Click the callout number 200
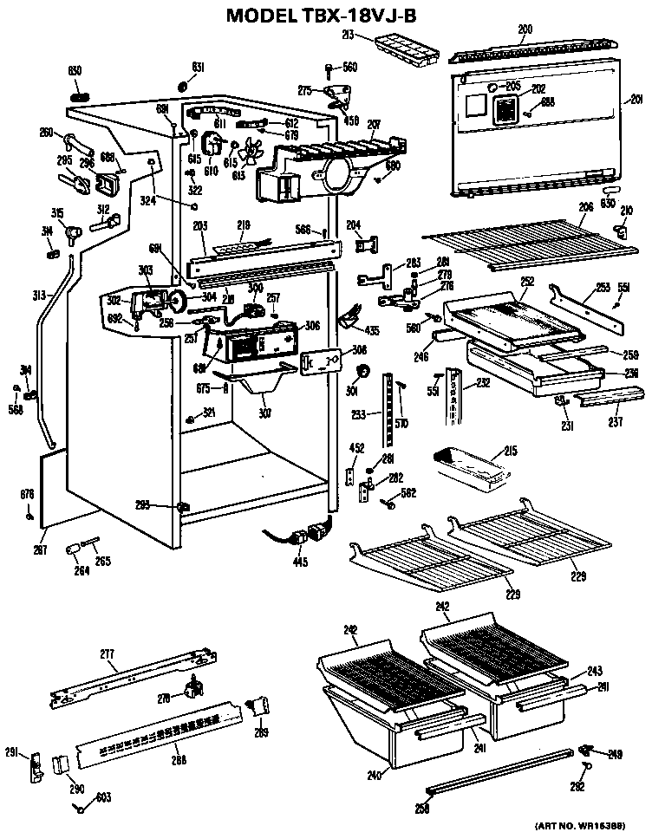coord(525,29)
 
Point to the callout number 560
coord(349,67)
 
